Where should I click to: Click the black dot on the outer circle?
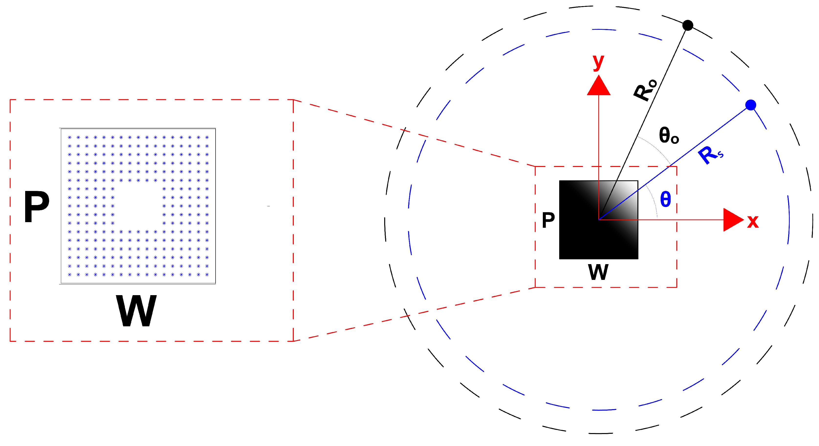pos(688,25)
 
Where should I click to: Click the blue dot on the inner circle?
pos(751,105)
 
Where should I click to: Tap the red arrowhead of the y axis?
pos(599,86)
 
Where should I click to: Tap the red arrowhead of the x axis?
pos(732,220)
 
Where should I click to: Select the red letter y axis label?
pos(598,62)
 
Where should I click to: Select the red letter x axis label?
pos(753,221)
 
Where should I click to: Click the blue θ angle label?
pos(666,199)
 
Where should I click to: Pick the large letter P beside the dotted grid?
pos(37,207)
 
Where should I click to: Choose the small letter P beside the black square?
pos(548,220)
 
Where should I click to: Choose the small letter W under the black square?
pos(598,272)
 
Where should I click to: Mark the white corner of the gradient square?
pos(631,187)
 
